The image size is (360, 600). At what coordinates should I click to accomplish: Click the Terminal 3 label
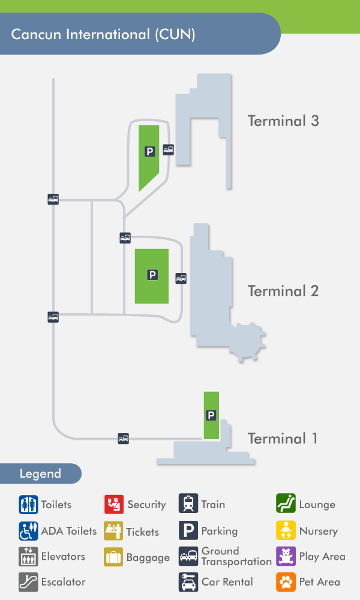coord(283,121)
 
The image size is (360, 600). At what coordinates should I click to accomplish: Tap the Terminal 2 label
coord(283,291)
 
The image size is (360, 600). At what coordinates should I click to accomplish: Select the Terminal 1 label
coord(283,439)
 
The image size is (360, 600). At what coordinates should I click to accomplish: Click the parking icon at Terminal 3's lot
coord(149,152)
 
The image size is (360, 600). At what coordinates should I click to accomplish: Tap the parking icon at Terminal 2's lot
coord(152,275)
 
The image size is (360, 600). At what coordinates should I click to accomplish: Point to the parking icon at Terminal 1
coord(211,415)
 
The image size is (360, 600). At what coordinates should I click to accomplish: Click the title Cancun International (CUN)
coord(103,34)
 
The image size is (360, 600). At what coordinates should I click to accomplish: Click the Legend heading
coord(40,473)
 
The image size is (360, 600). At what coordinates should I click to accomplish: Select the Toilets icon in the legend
coord(28,505)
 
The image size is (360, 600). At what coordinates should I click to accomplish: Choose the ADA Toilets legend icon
coord(28,531)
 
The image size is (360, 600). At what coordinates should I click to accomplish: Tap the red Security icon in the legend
coord(114,505)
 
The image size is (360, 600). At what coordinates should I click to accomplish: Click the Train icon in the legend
coord(188,505)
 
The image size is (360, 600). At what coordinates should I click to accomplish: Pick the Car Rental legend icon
coord(188,581)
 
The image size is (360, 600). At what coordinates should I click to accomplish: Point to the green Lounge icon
coord(286,505)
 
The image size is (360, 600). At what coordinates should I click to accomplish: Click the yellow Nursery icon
coord(286,531)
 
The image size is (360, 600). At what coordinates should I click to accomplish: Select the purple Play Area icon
coord(286,556)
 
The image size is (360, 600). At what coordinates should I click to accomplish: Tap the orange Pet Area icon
coord(286,581)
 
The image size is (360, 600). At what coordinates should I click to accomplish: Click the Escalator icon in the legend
coord(28,581)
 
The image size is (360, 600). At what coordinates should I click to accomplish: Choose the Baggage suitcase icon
coord(114,557)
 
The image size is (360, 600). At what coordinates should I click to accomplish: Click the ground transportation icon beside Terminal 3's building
coord(169,149)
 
